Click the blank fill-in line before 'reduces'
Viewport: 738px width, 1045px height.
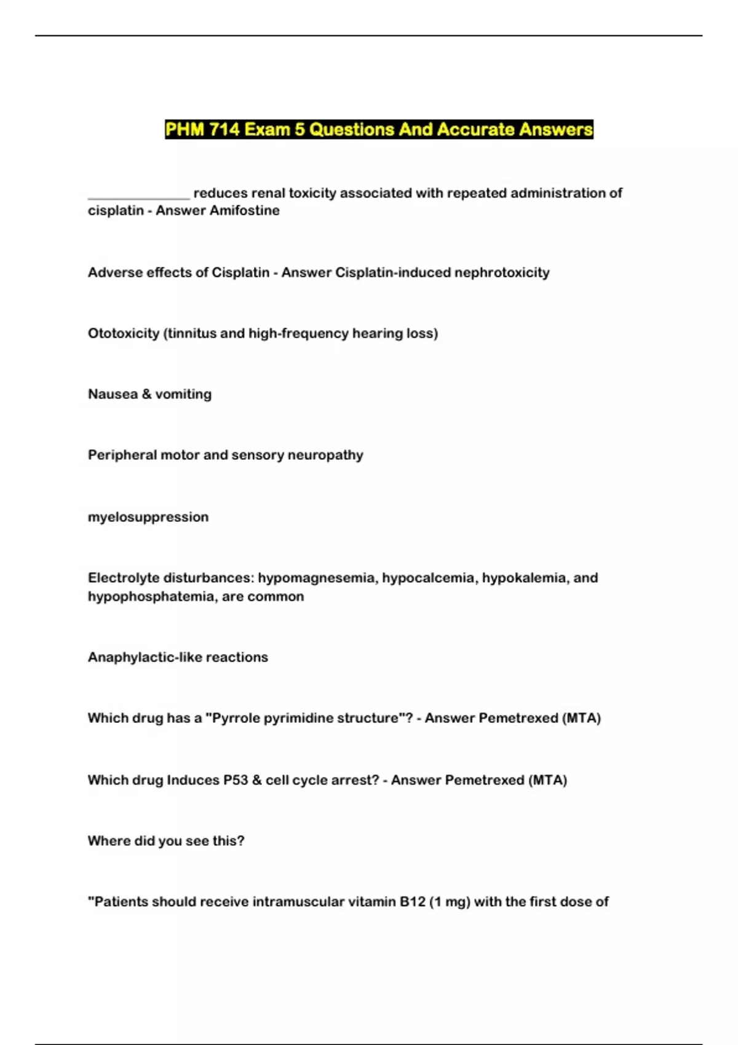138,195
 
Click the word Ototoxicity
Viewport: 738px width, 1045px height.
123,333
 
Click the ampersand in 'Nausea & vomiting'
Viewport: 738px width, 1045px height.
146,394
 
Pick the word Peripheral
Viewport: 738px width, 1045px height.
122,455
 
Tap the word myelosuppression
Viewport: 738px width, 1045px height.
148,517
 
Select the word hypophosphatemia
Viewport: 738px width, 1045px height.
151,596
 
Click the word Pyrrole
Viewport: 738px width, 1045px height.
237,718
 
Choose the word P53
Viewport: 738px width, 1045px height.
235,780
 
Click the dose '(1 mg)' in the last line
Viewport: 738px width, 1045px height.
450,902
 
